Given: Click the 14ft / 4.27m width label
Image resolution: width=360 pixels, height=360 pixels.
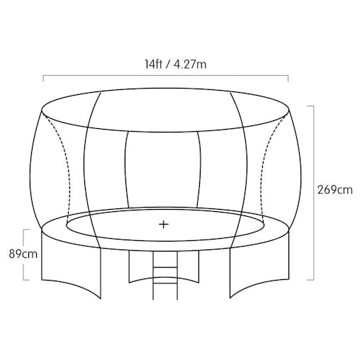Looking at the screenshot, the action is pos(176,64).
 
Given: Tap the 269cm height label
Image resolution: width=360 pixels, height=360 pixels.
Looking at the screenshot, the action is pos(334,190).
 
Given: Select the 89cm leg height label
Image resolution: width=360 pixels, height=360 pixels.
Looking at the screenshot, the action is pos(23,254).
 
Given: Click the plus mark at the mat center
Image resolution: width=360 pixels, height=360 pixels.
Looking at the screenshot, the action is pos(164,224).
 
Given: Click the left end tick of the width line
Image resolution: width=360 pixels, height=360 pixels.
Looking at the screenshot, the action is pos(43,79).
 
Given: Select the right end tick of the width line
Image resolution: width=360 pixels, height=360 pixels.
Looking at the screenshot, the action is pos(288,79).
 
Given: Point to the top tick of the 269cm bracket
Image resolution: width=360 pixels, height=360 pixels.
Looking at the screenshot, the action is pos(310,106).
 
